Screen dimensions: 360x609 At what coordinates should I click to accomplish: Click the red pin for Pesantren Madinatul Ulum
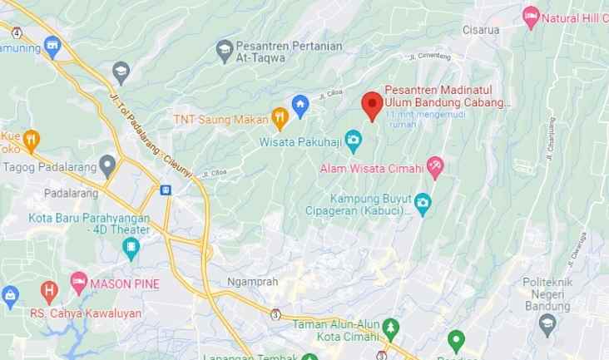(x=372, y=105)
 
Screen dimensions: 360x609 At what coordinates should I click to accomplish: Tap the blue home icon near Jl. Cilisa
(x=301, y=106)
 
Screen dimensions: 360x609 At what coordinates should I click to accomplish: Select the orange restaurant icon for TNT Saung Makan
(x=280, y=118)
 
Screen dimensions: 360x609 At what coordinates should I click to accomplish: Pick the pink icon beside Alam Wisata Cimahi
(x=435, y=167)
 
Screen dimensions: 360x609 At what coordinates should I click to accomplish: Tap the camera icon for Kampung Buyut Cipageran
(x=423, y=202)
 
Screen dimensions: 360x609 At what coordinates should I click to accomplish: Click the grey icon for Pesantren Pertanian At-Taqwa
(x=224, y=51)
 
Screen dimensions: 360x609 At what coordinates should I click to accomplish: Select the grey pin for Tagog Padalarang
(x=107, y=164)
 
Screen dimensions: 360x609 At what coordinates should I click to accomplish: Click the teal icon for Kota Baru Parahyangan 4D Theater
(x=131, y=247)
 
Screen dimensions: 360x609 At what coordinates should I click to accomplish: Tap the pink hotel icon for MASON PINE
(x=78, y=282)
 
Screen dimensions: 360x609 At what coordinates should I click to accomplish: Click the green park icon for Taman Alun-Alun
(x=391, y=325)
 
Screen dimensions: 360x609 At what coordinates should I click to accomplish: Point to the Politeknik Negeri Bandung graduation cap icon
(x=547, y=323)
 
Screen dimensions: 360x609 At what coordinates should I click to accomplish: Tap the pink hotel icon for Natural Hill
(x=530, y=17)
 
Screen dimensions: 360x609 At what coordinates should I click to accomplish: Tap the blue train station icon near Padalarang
(x=166, y=190)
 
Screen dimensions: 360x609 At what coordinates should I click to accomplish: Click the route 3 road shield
(x=275, y=313)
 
